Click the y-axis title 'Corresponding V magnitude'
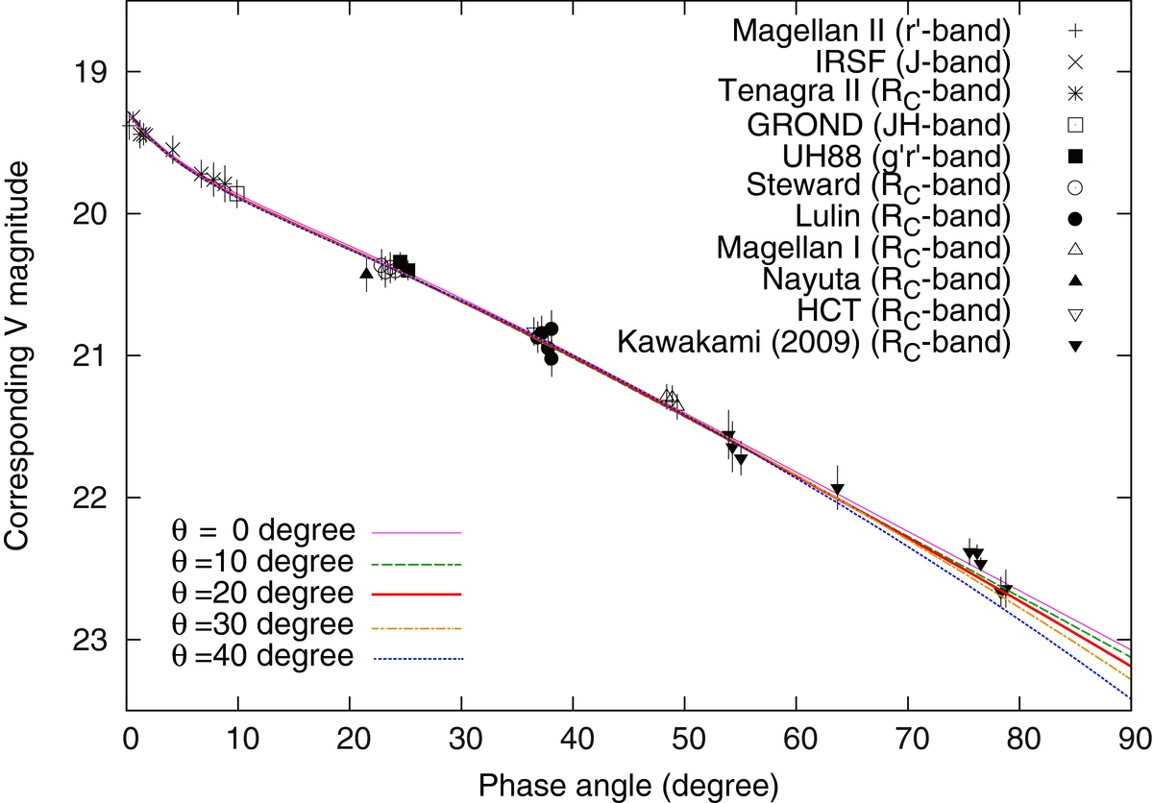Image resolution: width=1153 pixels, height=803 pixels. pyautogui.click(x=16, y=356)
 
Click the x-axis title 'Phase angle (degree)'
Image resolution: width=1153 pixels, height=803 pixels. pyautogui.click(x=628, y=786)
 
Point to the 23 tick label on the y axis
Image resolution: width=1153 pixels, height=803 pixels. pyautogui.click(x=90, y=641)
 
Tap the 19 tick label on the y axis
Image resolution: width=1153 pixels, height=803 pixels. pyautogui.click(x=90, y=71)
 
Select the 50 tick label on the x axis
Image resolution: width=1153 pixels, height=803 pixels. pyautogui.click(x=689, y=739)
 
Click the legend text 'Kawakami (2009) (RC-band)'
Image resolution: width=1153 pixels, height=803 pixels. pyautogui.click(x=814, y=343)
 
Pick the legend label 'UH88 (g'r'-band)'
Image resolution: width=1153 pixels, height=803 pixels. pyautogui.click(x=896, y=156)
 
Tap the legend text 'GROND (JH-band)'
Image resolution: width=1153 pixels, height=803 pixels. pyautogui.click(x=878, y=125)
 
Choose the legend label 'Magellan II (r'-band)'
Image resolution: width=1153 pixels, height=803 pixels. pyautogui.click(x=871, y=31)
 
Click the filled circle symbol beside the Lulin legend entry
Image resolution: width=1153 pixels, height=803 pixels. pyautogui.click(x=1075, y=219)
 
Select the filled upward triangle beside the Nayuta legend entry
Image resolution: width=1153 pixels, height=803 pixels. pyautogui.click(x=1075, y=280)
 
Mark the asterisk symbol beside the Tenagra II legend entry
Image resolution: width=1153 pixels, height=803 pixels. pyautogui.click(x=1075, y=93)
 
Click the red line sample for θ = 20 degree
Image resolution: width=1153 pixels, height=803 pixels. pyautogui.click(x=416, y=595)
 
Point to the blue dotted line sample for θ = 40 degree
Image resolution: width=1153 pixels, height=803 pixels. pyautogui.click(x=418, y=659)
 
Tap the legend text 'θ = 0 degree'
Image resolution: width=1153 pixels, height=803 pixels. pyautogui.click(x=263, y=530)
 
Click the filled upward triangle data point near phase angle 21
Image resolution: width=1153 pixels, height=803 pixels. pyautogui.click(x=366, y=273)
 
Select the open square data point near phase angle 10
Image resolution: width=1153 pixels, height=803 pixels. pyautogui.click(x=236, y=194)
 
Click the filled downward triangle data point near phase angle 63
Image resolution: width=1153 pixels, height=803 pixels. pyautogui.click(x=838, y=489)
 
